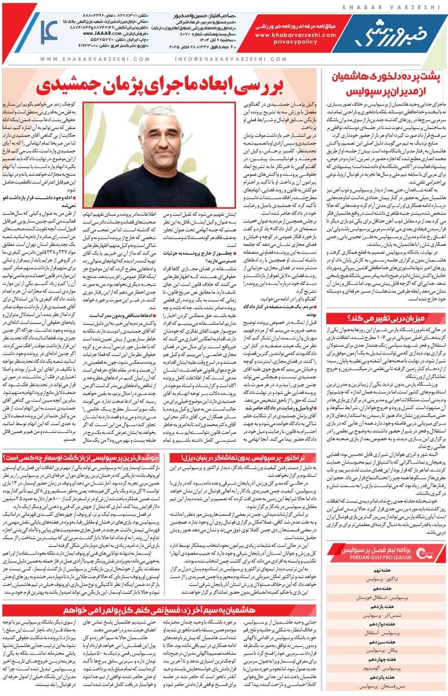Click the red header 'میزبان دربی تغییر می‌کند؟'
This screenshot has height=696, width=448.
[385, 317]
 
